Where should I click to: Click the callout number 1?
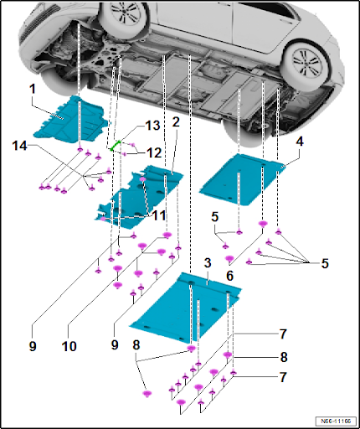coord(33,89)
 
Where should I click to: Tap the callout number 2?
coord(176,122)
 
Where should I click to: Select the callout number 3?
coord(208,263)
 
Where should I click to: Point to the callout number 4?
coord(299,142)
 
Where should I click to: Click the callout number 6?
coord(229,276)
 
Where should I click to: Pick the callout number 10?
coord(69,346)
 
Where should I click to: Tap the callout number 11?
coord(158,215)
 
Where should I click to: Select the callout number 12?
coord(154,152)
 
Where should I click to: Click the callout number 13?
coord(152,126)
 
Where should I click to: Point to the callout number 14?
coord(19,146)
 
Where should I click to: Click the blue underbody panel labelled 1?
coord(70,120)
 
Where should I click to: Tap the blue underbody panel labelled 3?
coord(186,306)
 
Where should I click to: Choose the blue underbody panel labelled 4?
coord(241,180)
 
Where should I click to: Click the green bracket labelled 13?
coord(116,146)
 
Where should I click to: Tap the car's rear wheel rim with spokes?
coord(306,63)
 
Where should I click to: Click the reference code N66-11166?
coord(336,421)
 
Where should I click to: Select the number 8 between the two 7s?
coord(284,357)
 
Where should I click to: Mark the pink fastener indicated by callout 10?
coord(167,235)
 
